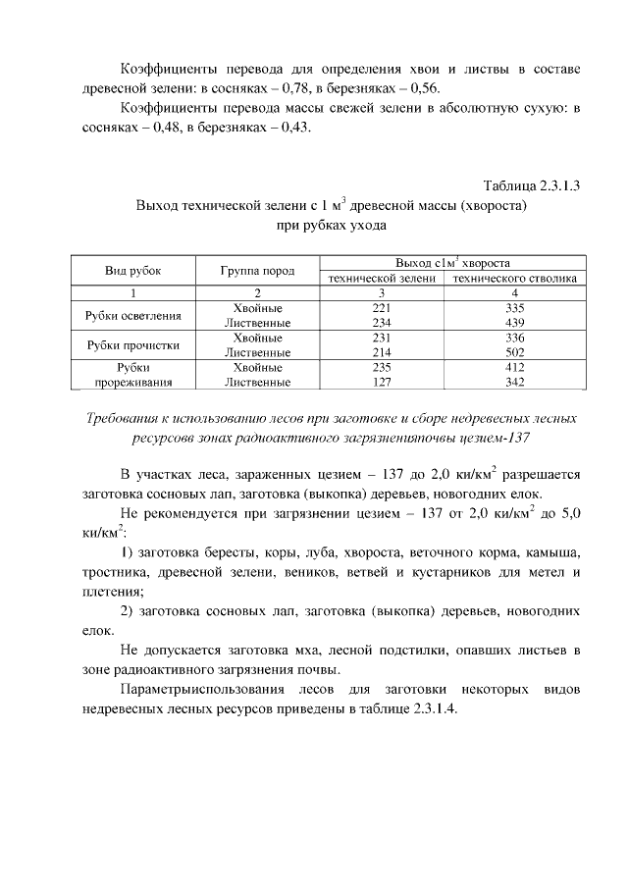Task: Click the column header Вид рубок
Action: pos(132,271)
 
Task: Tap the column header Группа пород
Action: pos(257,271)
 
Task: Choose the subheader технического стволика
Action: pos(514,279)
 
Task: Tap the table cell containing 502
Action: pos(514,351)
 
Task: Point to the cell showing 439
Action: pos(514,322)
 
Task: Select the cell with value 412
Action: pos(514,367)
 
